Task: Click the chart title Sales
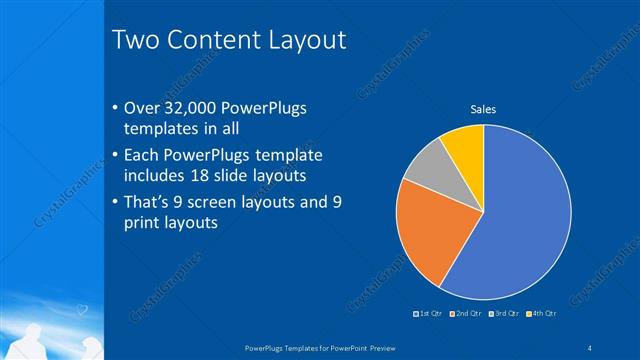(484, 109)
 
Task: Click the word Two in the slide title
(133, 40)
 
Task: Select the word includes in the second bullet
(153, 176)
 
